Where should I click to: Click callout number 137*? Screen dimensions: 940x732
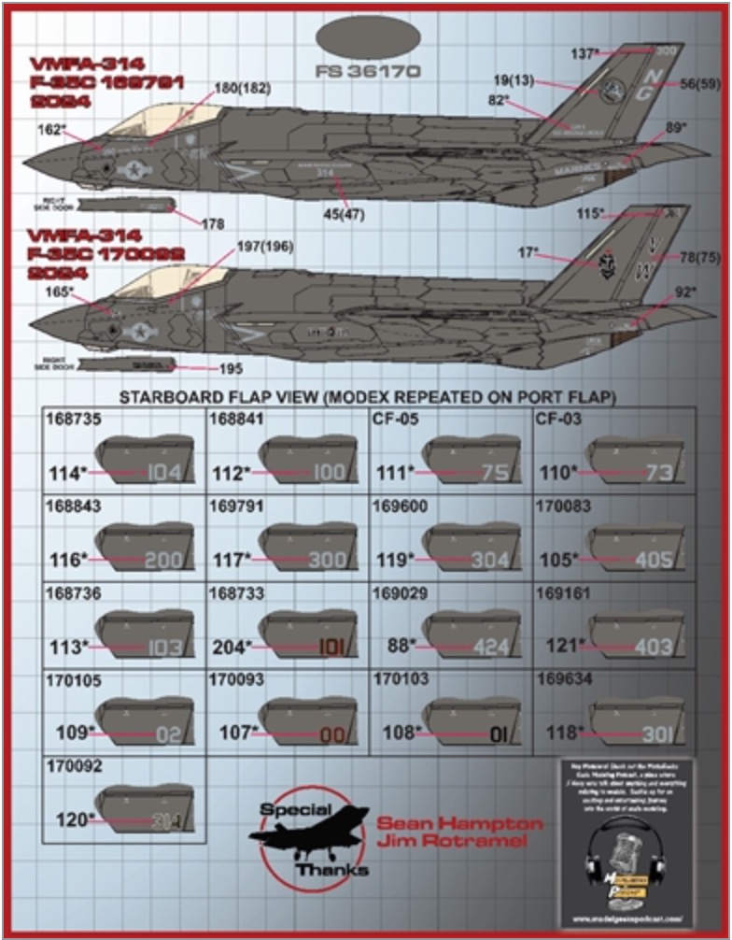[x=584, y=53]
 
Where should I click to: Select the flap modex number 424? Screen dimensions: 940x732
[x=491, y=647]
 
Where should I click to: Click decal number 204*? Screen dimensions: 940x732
[x=230, y=647]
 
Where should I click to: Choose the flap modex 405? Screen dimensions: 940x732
[x=654, y=560]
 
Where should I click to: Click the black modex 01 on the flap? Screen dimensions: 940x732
[x=496, y=733]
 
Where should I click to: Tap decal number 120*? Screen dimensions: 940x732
[x=72, y=819]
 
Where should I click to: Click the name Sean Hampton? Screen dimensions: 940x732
[x=458, y=824]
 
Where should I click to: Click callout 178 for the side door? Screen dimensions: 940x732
[x=213, y=223]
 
